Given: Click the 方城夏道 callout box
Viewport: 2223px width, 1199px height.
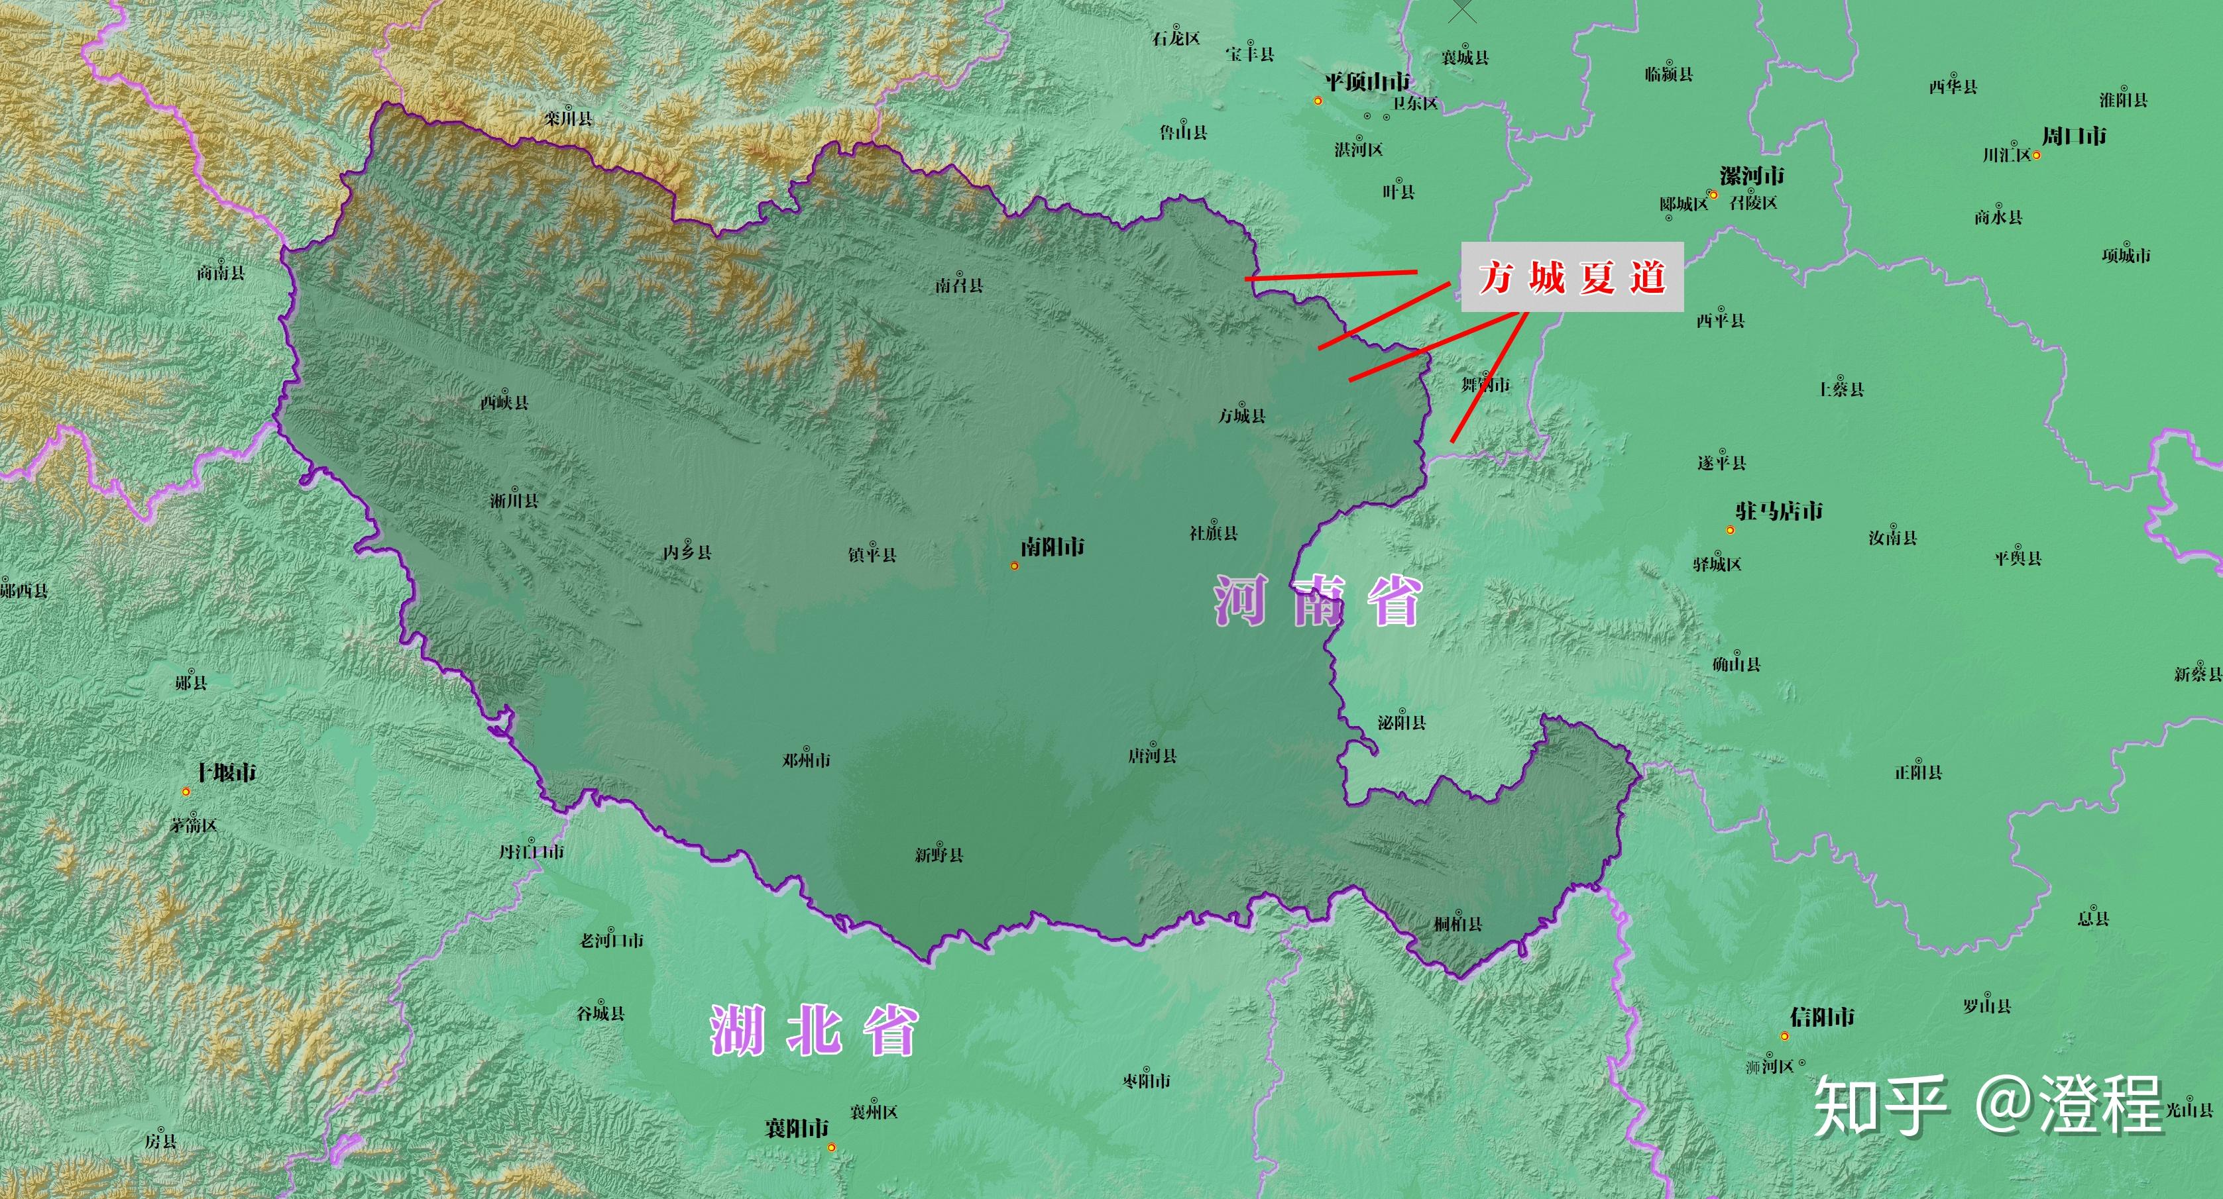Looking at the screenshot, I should [1571, 277].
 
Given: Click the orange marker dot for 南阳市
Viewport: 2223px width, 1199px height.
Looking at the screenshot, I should [1015, 566].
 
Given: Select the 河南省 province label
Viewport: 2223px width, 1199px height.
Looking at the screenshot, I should [1318, 601].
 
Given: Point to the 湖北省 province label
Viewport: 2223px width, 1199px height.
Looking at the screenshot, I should [814, 1030].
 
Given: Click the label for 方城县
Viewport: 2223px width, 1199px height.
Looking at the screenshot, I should [1242, 416].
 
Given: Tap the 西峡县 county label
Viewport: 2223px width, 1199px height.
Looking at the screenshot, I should [505, 402].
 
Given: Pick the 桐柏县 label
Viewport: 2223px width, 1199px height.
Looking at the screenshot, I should [1457, 924].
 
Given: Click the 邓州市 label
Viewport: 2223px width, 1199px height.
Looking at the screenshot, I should [806, 760].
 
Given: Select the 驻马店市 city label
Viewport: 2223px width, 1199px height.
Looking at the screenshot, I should [1780, 511].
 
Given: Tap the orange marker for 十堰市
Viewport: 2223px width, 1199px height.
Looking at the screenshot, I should [186, 791].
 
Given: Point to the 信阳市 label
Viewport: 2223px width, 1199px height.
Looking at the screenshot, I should [1822, 1017].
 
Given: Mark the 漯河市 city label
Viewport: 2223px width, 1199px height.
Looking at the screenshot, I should [1752, 176].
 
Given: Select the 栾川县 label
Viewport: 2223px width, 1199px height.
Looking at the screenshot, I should [568, 118].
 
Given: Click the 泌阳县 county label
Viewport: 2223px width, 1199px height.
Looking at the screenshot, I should [1401, 722].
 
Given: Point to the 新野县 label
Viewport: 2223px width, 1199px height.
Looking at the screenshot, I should [939, 855].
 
